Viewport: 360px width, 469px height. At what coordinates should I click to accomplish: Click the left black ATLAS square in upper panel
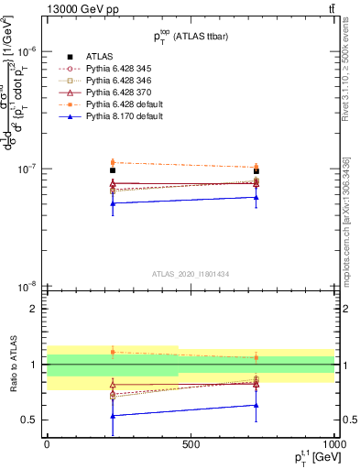click(113, 170)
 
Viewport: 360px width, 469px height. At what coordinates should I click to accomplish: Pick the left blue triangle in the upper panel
click(113, 203)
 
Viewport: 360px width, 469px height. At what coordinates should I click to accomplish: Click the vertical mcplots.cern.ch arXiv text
click(350, 211)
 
